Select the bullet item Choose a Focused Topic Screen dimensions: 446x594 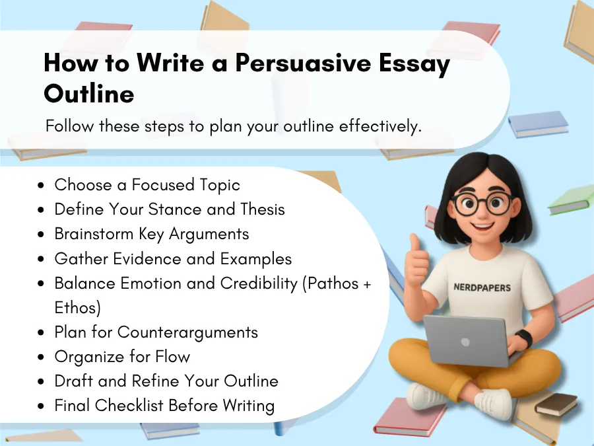point(147,185)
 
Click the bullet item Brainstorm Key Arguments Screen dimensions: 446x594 point(151,234)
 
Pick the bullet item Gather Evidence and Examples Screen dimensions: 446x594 point(173,258)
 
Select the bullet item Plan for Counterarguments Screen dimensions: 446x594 point(156,332)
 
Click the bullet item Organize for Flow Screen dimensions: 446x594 point(122,357)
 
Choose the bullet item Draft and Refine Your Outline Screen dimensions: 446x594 point(166,381)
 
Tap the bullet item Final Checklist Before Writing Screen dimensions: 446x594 point(164,406)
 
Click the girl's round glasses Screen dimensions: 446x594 point(482,204)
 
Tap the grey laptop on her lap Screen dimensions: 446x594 point(465,340)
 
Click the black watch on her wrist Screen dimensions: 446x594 point(523,338)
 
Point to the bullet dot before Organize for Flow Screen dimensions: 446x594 point(42,357)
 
